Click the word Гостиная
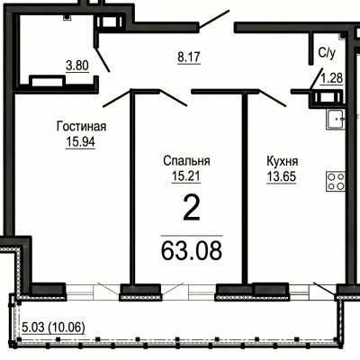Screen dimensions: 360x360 81,126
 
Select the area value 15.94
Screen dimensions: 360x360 81,141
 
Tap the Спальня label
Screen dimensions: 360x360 186,161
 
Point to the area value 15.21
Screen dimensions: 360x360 186,175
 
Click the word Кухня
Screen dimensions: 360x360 283,161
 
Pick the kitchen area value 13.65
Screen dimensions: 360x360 282,176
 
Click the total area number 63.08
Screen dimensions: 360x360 192,251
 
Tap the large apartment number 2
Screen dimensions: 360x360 192,208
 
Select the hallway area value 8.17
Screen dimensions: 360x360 189,57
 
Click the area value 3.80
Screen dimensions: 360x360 77,65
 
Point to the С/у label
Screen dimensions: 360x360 327,53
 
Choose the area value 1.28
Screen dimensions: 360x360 332,78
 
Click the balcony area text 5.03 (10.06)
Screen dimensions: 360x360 53,328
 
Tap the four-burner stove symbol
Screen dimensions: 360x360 336,181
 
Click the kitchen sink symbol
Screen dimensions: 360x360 336,120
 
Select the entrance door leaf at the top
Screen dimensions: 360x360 214,20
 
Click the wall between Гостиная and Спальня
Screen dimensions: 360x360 131,186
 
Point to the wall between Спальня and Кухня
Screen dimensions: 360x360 245,188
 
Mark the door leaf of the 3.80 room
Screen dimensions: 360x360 102,59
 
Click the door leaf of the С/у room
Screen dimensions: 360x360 316,77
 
